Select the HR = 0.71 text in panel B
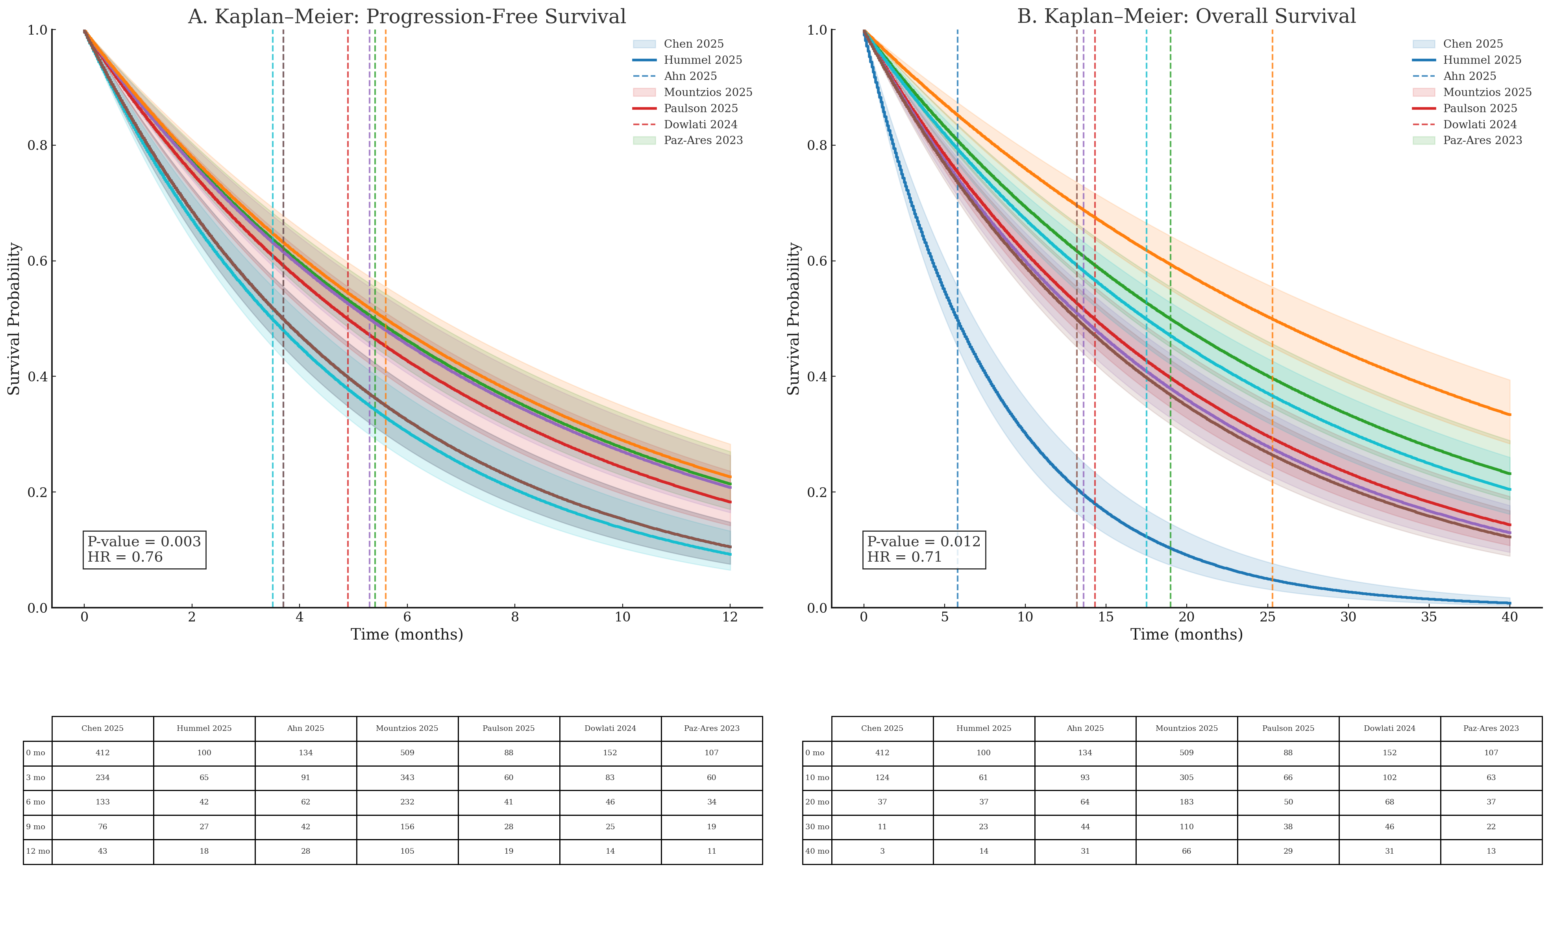[904, 557]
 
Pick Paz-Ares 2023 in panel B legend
[1482, 141]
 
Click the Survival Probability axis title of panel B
[793, 318]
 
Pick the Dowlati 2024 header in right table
[1389, 728]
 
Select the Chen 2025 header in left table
[102, 728]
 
